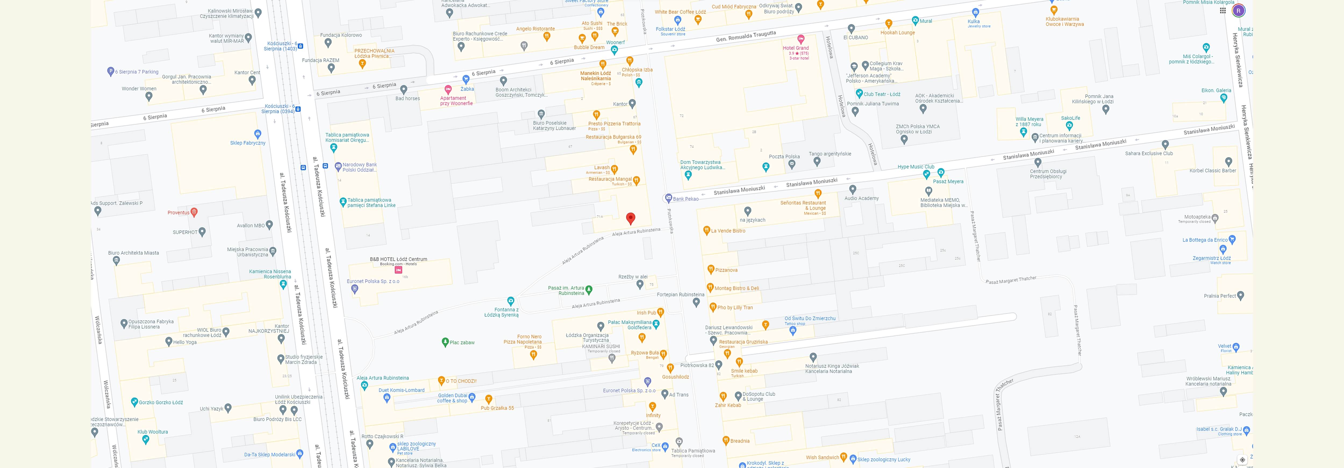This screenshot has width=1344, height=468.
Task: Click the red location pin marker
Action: [x=630, y=218]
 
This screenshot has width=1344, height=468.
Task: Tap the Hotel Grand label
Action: [x=796, y=48]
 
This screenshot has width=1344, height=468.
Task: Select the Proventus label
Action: [x=178, y=212]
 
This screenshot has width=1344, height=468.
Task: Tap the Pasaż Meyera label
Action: [x=948, y=182]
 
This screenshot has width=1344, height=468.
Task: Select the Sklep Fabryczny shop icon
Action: [x=257, y=134]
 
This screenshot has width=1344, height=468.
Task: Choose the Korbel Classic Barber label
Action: [x=1213, y=171]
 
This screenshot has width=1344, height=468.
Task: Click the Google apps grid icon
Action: [x=1223, y=10]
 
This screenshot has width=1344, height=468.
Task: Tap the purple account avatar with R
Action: [x=1239, y=10]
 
